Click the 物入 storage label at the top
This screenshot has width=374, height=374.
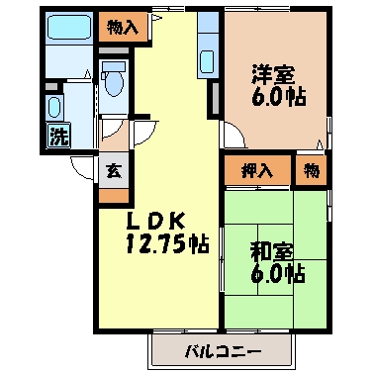tap(122, 27)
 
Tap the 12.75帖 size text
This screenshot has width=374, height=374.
tap(165, 243)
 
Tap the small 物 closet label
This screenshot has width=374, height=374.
tap(312, 170)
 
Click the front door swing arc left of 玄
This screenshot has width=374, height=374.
tap(83, 165)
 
